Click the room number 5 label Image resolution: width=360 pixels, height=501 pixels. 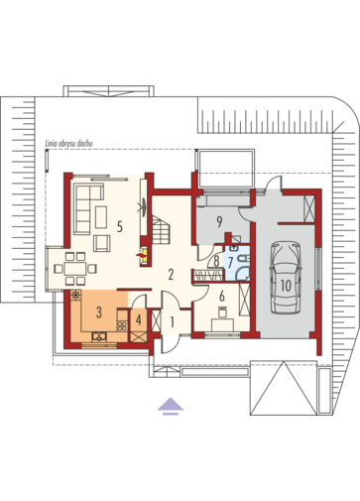pos(120,227)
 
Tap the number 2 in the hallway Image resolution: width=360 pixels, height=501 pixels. pos(171,275)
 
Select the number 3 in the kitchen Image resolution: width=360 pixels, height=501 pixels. pos(99,313)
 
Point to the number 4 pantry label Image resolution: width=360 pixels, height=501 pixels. pos(139,319)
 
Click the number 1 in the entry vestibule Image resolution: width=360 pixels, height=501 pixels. pos(172,322)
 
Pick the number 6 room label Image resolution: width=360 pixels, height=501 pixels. pos(222,296)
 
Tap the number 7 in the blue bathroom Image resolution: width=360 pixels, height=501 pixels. pos(230,262)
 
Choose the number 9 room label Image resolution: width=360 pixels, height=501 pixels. pos(216,262)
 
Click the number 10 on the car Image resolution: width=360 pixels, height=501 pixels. pos(219,222)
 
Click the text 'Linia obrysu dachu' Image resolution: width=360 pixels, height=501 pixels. pos(286,286)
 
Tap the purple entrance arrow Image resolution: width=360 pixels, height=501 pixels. pos(171,406)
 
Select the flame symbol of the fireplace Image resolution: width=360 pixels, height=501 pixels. pos(141,255)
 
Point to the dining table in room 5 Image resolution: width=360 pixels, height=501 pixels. pos(75,268)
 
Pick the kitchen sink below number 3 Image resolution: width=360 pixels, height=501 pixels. pos(99,336)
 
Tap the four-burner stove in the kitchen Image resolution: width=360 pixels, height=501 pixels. pos(122,326)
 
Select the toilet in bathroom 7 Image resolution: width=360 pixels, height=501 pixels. pos(245,259)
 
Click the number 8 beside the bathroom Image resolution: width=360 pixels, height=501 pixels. pos(216,262)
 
